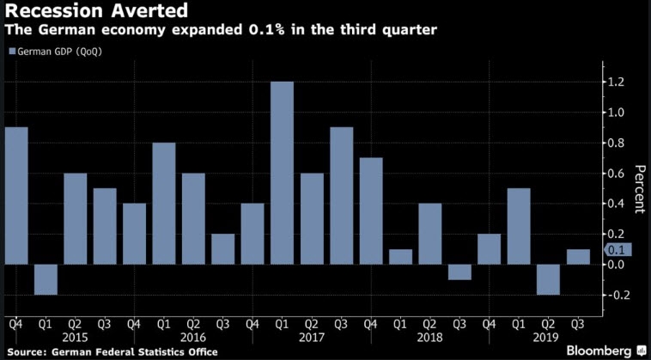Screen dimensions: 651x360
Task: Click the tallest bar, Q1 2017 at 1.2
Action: [282, 173]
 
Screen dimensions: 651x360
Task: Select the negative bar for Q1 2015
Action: [46, 279]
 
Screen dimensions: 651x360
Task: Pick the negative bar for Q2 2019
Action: [548, 279]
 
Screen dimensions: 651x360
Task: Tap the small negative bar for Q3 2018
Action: [459, 272]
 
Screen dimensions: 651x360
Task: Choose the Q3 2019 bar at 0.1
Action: [578, 257]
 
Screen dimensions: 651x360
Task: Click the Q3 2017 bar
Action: [341, 196]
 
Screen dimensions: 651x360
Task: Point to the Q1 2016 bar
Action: [164, 204]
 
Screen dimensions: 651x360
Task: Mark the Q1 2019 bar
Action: [519, 226]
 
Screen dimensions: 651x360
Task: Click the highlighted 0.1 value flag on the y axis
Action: [618, 249]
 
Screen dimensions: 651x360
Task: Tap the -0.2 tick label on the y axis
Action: [615, 296]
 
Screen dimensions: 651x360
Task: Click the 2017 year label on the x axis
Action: [311, 336]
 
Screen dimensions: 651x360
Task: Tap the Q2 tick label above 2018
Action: [429, 323]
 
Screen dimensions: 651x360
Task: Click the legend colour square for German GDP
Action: [11, 52]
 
